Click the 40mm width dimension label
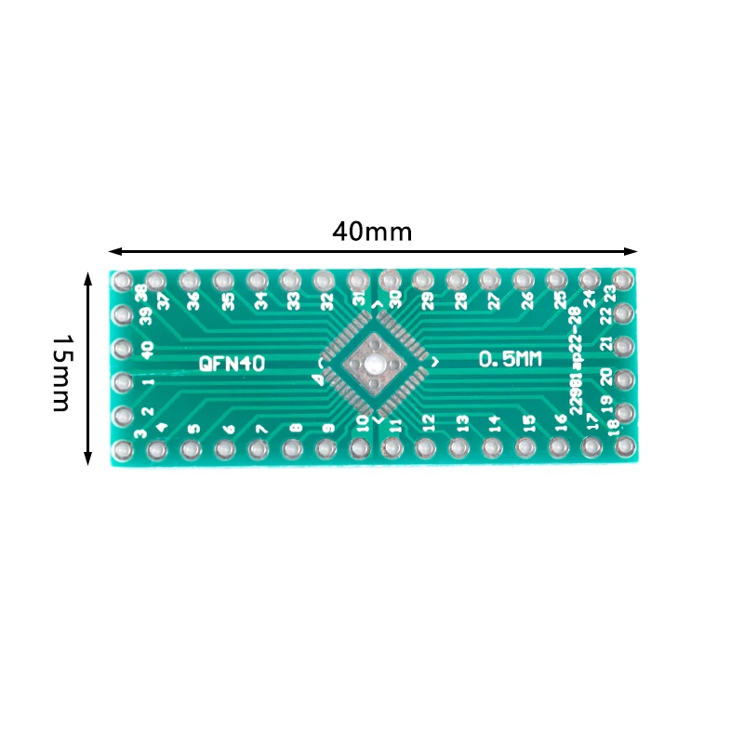click(x=372, y=232)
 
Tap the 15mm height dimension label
click(x=61, y=373)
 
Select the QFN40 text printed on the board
click(x=232, y=364)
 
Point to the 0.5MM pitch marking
click(x=510, y=359)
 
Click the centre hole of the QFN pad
click(x=372, y=364)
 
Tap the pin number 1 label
click(x=147, y=381)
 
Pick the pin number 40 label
click(x=147, y=350)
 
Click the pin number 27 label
click(x=493, y=300)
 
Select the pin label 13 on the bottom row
click(x=462, y=423)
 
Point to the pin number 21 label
click(x=606, y=345)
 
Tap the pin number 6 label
click(x=228, y=430)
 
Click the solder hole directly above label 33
click(x=290, y=280)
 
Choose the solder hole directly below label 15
click(x=525, y=449)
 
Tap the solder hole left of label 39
click(x=122, y=315)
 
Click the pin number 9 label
click(x=327, y=429)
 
